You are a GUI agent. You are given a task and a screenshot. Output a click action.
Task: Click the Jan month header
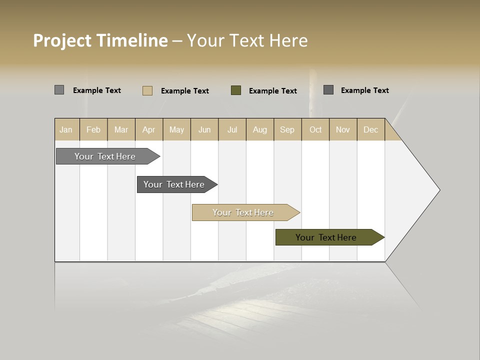(x=66, y=129)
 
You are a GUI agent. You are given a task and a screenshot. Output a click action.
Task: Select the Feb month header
(x=93, y=129)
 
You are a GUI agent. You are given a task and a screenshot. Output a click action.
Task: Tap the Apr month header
(x=148, y=129)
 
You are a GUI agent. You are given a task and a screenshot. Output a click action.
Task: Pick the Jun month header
(x=204, y=129)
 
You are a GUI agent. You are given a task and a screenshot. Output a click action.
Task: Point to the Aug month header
(x=259, y=129)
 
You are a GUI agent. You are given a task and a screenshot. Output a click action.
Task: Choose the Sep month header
(x=287, y=129)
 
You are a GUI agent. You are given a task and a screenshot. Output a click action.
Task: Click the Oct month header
(x=315, y=129)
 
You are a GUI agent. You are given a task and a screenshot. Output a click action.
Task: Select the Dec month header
(x=370, y=129)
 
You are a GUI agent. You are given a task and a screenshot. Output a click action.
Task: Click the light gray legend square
(x=59, y=90)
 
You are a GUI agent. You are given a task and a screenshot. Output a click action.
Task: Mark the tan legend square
(x=147, y=90)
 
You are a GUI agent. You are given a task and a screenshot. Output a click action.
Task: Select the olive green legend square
(x=236, y=90)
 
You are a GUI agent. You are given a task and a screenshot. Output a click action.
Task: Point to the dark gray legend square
(x=328, y=89)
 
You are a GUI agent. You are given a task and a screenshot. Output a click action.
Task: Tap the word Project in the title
(x=62, y=41)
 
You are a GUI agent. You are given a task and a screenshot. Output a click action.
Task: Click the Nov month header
(x=343, y=129)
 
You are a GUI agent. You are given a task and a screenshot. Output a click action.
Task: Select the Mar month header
(x=121, y=129)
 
